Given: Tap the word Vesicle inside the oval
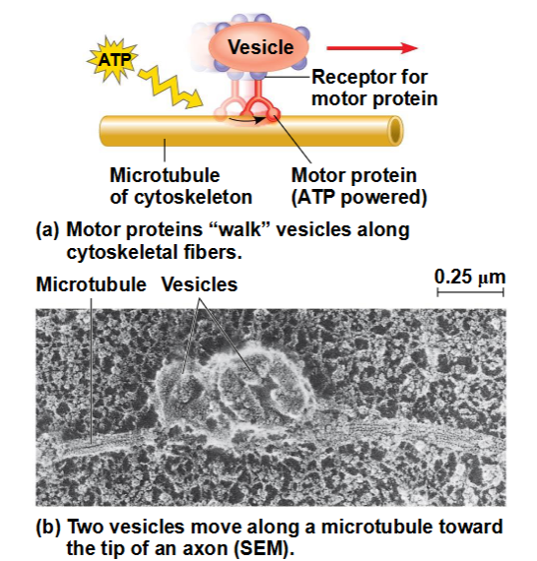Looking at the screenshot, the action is point(261,47).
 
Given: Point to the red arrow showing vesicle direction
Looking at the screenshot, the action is point(371,48).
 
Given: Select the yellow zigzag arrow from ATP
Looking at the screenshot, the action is point(169,87).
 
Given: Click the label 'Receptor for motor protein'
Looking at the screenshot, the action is point(374,88).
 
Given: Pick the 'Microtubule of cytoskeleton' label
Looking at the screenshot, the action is point(181,186).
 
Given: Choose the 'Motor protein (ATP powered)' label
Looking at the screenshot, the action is point(359,186).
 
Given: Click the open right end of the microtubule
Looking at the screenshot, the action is point(395,131).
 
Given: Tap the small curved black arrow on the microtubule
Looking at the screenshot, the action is point(245,119).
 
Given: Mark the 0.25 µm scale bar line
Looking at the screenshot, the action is point(470,292).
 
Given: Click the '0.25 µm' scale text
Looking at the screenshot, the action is point(470,277).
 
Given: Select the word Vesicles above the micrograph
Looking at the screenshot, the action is point(199,284).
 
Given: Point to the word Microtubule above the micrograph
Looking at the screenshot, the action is point(91,284).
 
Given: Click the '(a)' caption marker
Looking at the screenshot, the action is point(47,229).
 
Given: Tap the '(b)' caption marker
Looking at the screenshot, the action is point(47,527).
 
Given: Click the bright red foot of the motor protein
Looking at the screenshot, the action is point(273,113).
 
